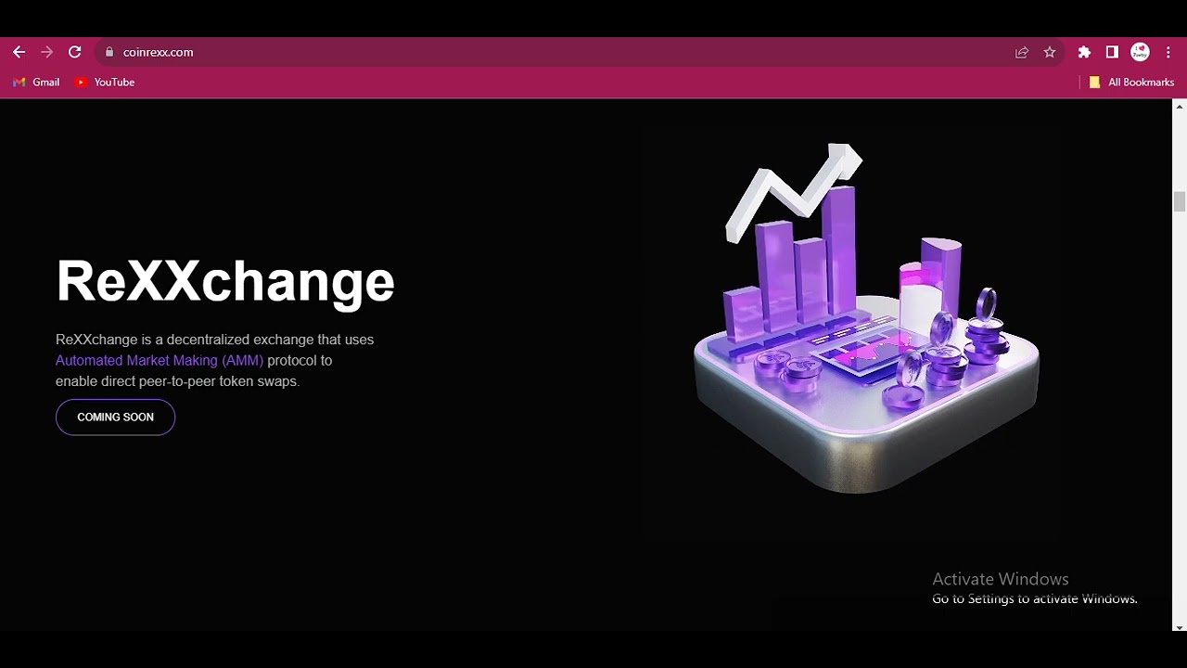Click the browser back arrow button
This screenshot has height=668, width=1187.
coord(19,52)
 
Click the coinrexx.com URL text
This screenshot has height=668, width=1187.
coord(158,53)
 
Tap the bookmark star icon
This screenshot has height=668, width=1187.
coord(1050,52)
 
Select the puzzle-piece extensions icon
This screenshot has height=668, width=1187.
coord(1084,52)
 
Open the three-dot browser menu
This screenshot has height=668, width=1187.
coord(1168,52)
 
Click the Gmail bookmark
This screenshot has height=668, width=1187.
coord(36,83)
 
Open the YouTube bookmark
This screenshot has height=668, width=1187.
coord(105,83)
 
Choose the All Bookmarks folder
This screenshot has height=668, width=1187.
coord(1131,83)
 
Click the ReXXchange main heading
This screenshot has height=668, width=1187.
coord(225,282)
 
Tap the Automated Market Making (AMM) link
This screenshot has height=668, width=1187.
coord(160,361)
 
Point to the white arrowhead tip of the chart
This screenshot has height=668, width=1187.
coord(862,158)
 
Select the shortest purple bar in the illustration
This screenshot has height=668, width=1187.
coord(744,314)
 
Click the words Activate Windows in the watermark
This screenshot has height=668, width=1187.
coord(1001,579)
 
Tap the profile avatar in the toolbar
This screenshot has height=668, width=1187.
coord(1140,52)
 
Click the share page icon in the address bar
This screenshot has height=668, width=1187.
coord(1022,52)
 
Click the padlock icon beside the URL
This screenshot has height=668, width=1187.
coord(109,52)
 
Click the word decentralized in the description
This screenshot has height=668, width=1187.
coord(209,340)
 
